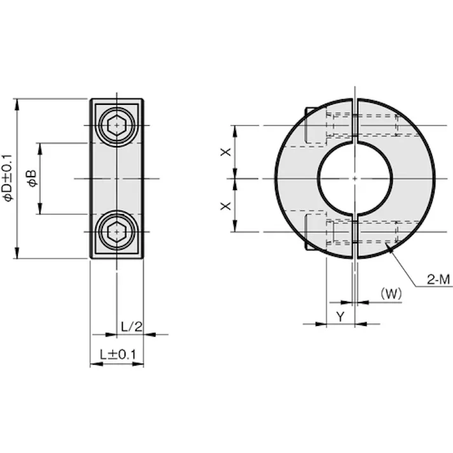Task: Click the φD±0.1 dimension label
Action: (8, 178)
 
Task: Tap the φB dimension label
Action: (32, 179)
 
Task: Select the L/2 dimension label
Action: (132, 327)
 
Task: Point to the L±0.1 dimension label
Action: (118, 355)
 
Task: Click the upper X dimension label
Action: (226, 152)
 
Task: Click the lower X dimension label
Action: (226, 206)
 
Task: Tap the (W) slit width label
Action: (391, 294)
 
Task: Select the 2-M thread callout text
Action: (438, 280)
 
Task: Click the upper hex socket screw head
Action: (117, 125)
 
